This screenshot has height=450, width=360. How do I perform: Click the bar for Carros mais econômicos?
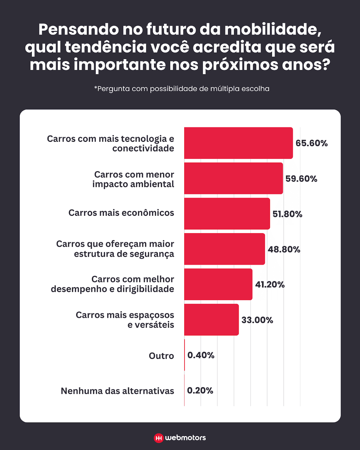227,214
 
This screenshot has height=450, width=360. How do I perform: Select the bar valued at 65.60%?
238,143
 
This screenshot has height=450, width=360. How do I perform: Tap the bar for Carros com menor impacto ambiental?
233,178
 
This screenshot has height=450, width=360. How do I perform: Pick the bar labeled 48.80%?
225,249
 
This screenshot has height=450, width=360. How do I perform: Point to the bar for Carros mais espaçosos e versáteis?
211,320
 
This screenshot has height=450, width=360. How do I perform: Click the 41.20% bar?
218,284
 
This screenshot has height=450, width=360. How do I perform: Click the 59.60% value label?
301,179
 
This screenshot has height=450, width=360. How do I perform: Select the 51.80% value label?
287,214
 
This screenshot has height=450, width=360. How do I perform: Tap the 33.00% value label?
257,320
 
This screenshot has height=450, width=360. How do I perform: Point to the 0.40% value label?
201,355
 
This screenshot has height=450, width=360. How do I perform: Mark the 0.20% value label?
200,391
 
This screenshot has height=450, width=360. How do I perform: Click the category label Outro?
161,356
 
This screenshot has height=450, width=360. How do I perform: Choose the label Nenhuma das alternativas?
117,391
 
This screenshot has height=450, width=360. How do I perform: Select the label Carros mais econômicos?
121,213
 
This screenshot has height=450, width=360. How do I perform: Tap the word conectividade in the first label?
143,148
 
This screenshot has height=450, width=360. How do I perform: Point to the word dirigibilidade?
145,289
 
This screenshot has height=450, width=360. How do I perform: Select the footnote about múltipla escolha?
182,89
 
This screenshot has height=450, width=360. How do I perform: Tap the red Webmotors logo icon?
159,438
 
